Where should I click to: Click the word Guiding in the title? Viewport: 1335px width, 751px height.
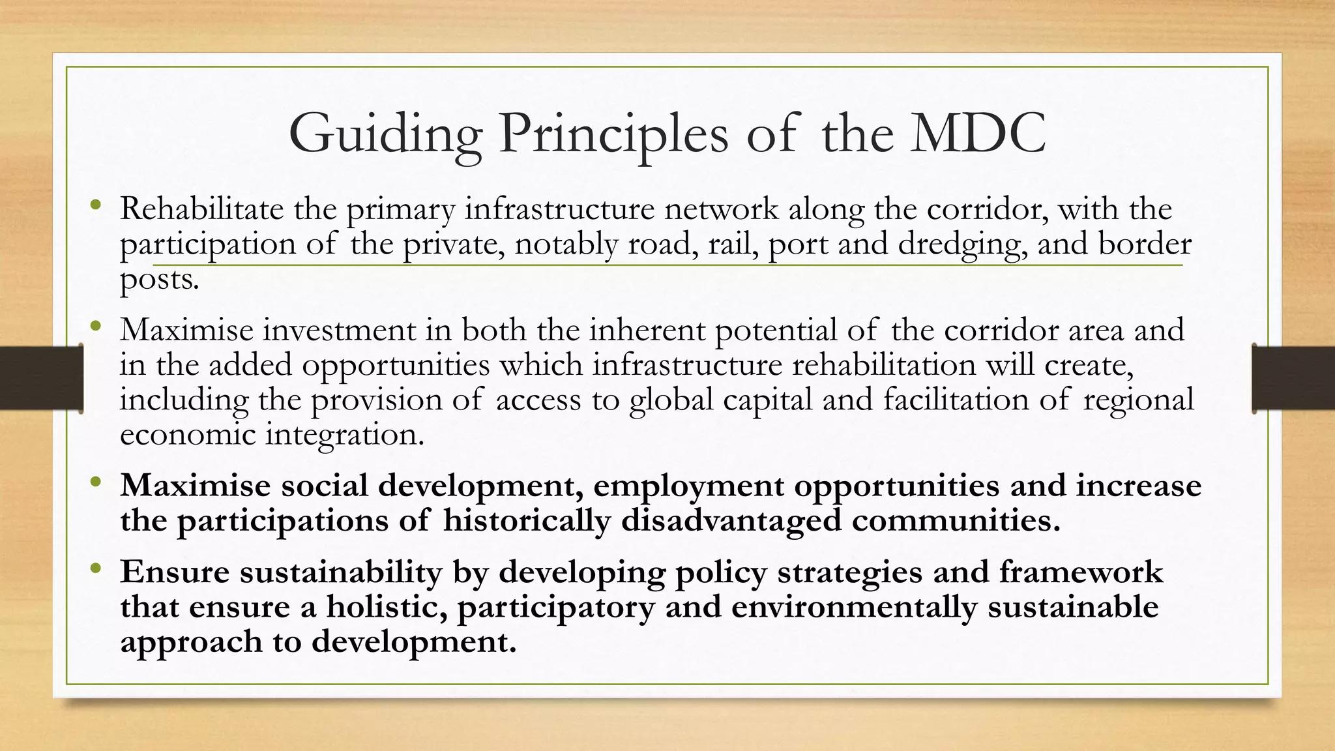(x=385, y=134)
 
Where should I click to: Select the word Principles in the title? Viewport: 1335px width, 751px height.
(x=613, y=134)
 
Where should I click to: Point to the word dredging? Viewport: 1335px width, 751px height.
(x=962, y=244)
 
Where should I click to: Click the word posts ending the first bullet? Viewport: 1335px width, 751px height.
(x=159, y=280)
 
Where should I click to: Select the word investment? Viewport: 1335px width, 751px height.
(x=339, y=330)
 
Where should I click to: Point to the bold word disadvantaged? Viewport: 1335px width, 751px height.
(x=731, y=521)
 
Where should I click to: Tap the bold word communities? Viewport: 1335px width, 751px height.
(x=956, y=521)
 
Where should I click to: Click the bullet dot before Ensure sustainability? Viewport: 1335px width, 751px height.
(x=96, y=568)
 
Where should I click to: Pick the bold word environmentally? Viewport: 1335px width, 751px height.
(x=854, y=607)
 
